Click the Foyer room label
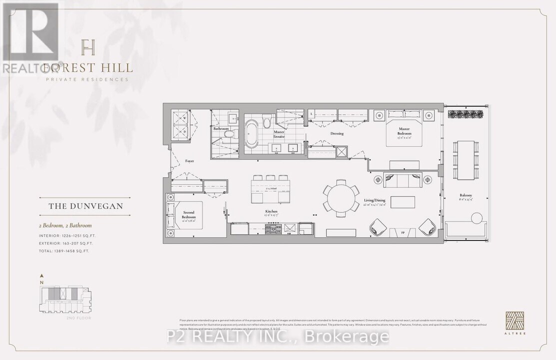click(189, 161)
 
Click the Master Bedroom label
click(404, 133)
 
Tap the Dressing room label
click(338, 133)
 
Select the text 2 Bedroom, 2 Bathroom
click(65, 226)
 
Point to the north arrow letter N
click(42, 282)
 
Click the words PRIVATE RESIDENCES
click(87, 79)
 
